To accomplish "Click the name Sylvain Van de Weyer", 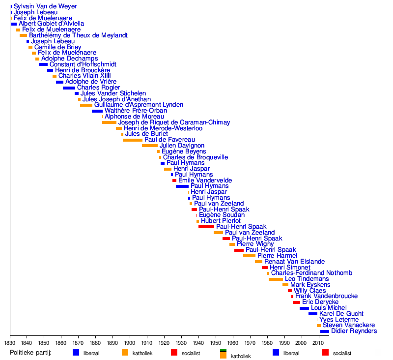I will (x=45, y=6).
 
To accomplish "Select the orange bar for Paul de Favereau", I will (x=132, y=140).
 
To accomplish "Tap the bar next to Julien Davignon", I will (x=150, y=146).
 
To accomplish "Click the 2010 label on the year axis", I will (x=318, y=342).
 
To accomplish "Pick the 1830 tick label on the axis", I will (x=10, y=342).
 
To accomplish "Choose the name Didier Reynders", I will (x=354, y=331).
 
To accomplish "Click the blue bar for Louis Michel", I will (x=304, y=308).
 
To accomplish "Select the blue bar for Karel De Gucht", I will (x=313, y=314).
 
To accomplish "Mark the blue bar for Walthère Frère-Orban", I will (x=97, y=111).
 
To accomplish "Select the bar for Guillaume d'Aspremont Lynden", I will (x=86, y=105).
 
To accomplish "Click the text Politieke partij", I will (x=30, y=353).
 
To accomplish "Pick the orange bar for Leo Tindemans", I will (x=276, y=279).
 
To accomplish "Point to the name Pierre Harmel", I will (x=277, y=256).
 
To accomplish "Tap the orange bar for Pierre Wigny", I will (x=232, y=244).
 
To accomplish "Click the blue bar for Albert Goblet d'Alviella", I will (x=14, y=24).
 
